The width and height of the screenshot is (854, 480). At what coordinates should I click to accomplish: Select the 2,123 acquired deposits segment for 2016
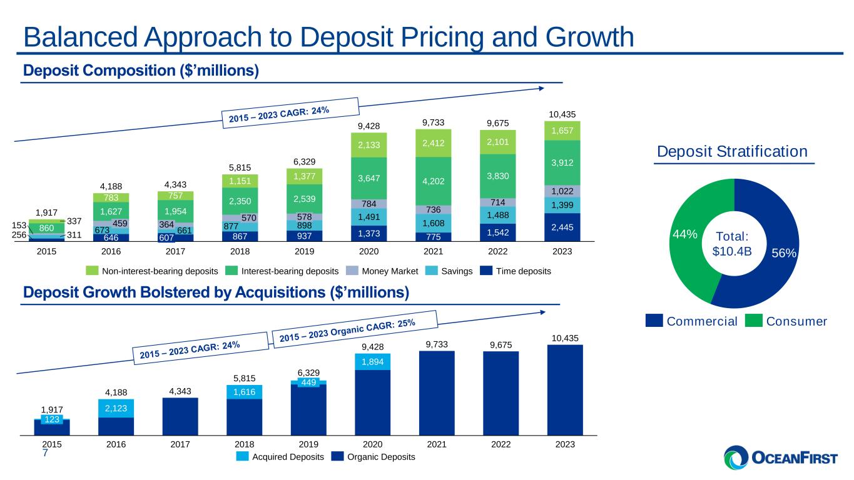pyautogui.click(x=116, y=408)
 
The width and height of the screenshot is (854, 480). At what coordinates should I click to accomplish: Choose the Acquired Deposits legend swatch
pyautogui.click(x=243, y=457)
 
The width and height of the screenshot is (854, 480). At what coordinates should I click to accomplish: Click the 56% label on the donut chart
pyautogui.click(x=783, y=252)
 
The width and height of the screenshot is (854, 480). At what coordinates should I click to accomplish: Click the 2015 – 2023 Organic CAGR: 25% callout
pyautogui.click(x=347, y=329)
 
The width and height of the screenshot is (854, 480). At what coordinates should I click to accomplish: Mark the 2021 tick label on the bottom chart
pyautogui.click(x=437, y=444)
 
